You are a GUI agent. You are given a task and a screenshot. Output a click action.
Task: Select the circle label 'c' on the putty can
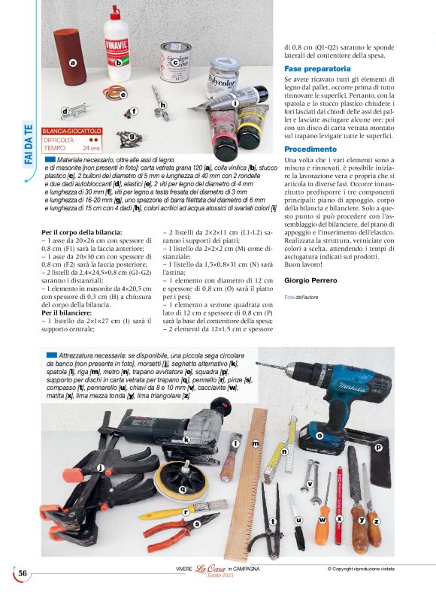tap(175, 63)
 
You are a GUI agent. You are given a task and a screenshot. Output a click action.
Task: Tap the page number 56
tap(23, 573)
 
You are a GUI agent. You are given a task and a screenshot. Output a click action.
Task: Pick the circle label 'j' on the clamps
tap(101, 467)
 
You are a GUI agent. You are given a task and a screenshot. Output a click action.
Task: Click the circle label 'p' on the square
tap(378, 447)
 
